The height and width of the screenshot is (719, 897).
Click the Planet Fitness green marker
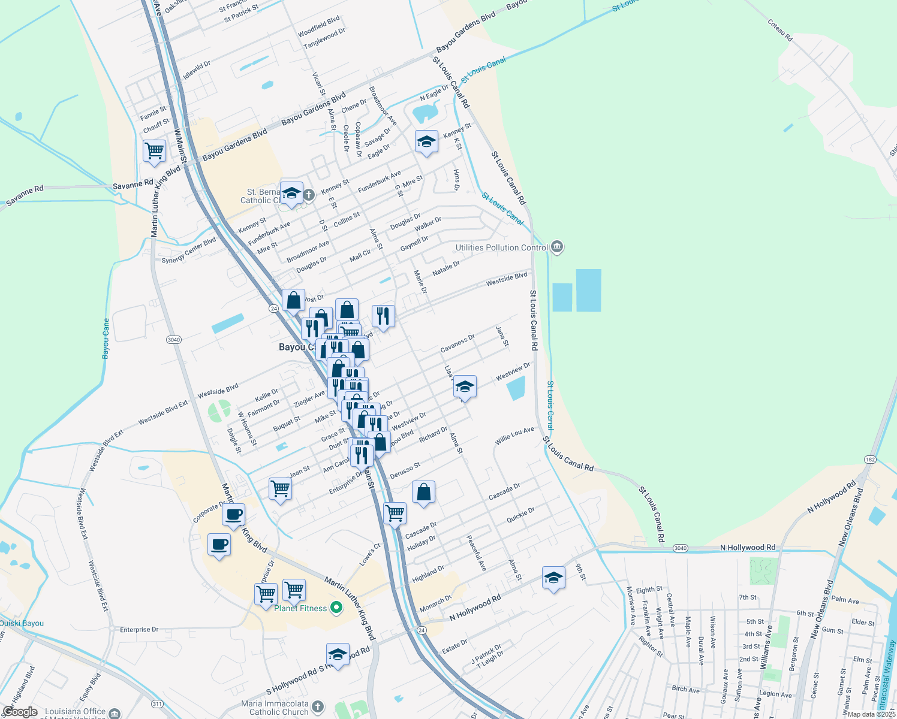click(336, 608)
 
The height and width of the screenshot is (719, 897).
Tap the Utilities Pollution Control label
click(501, 247)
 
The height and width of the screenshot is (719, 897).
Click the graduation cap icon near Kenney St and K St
click(426, 142)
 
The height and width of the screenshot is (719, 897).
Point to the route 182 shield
click(870, 460)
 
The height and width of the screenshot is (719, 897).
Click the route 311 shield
click(157, 704)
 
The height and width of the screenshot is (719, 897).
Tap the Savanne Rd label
click(25, 196)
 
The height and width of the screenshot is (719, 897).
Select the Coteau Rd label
click(780, 30)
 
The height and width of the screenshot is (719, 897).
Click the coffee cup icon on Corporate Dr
click(234, 514)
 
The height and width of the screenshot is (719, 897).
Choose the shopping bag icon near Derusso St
click(423, 492)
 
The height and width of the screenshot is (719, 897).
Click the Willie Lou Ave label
click(514, 436)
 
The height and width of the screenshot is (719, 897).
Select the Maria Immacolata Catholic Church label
click(275, 708)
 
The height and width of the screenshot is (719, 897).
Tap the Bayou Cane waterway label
click(106, 339)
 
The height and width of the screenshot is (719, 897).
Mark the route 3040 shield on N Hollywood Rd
click(680, 548)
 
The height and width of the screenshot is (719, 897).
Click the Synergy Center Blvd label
click(189, 251)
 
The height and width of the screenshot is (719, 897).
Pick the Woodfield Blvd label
click(319, 26)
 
